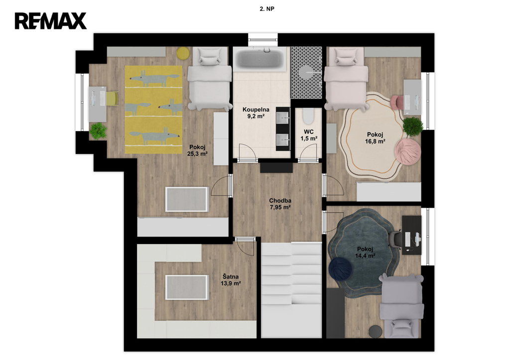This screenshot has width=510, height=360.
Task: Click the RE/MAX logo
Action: [51, 21]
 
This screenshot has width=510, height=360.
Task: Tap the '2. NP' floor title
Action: [267, 9]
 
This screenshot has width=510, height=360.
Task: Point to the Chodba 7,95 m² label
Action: [280, 204]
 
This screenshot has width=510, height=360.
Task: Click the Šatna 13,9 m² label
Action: [231, 280]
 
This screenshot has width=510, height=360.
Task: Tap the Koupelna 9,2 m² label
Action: [255, 113]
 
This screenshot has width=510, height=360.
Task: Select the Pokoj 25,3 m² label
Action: [197, 150]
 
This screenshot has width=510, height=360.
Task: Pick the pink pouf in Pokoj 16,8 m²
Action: [408, 151]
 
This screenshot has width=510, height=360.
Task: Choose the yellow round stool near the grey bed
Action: [183, 53]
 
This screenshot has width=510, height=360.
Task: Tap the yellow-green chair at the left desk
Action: [112, 99]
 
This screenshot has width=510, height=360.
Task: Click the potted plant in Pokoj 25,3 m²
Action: [98, 131]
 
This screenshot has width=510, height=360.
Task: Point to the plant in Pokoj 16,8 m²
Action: [413, 126]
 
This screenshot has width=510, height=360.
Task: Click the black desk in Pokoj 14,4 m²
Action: [411, 235]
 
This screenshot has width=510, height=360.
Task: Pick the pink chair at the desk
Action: [397, 102]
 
